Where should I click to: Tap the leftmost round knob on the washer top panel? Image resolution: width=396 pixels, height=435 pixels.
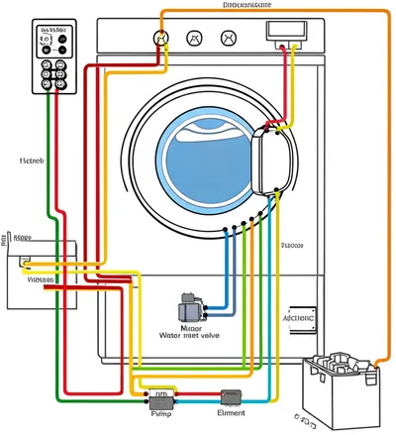pos(158,39)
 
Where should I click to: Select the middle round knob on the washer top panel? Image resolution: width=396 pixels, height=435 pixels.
pos(194,39)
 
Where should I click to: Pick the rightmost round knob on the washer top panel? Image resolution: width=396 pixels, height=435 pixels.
pos(229,39)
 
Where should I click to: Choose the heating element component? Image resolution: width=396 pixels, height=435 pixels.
pos(232,398)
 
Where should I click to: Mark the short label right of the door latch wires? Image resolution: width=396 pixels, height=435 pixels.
pos(292,245)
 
